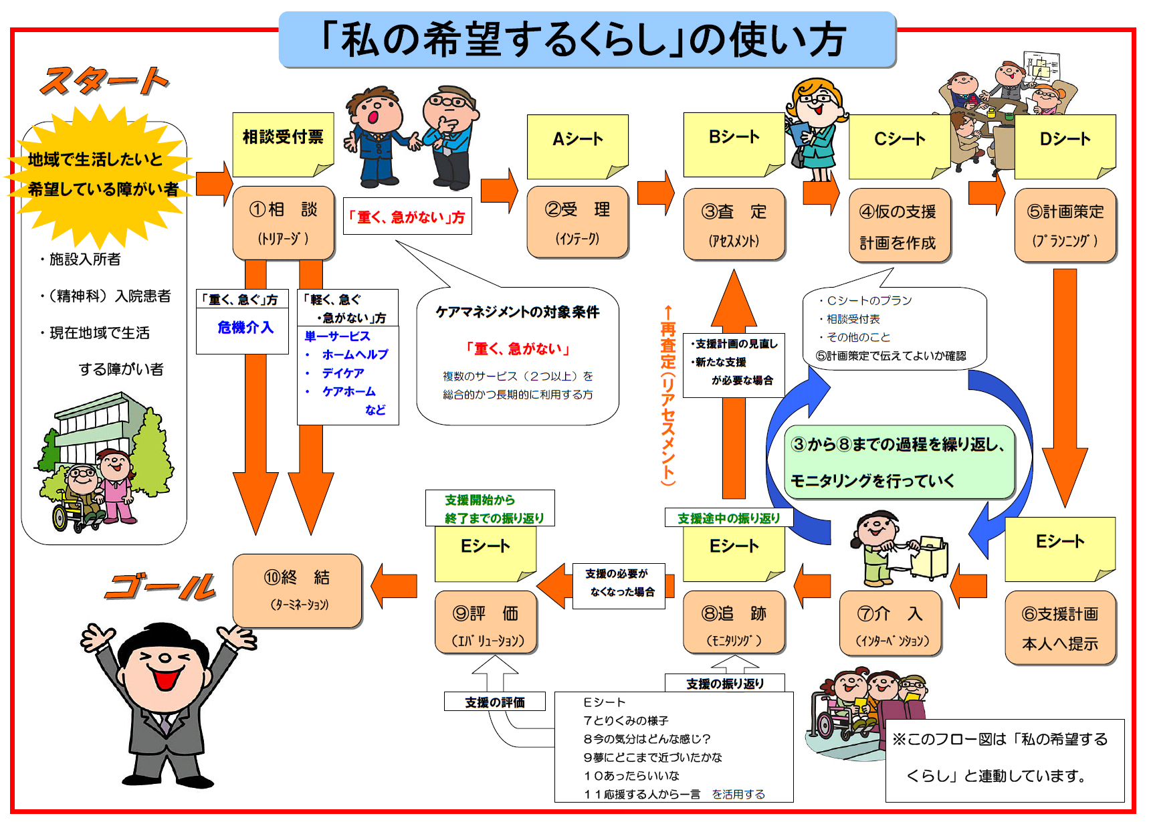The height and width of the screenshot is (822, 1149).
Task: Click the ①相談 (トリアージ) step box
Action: [x=284, y=223]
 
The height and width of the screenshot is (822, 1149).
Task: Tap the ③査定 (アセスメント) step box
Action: [x=734, y=224]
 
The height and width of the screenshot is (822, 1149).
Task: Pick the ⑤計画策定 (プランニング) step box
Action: [x=1065, y=225]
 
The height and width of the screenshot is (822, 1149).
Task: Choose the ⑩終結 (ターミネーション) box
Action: [x=298, y=591]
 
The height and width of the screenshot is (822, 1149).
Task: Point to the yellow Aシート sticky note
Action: [x=578, y=146]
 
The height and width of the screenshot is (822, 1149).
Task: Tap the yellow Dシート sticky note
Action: [x=1065, y=146]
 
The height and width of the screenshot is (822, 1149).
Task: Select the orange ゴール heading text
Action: [x=161, y=587]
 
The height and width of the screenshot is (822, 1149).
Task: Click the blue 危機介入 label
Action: [x=245, y=327]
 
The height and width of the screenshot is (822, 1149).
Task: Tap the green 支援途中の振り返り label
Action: [x=729, y=518]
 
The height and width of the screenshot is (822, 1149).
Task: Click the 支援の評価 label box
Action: [x=495, y=702]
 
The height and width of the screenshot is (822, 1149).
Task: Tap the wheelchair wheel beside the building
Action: [x=62, y=516]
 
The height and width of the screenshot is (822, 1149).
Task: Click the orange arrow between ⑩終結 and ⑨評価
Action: [x=395, y=587]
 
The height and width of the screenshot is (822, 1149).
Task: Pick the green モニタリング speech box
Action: [x=900, y=462]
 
